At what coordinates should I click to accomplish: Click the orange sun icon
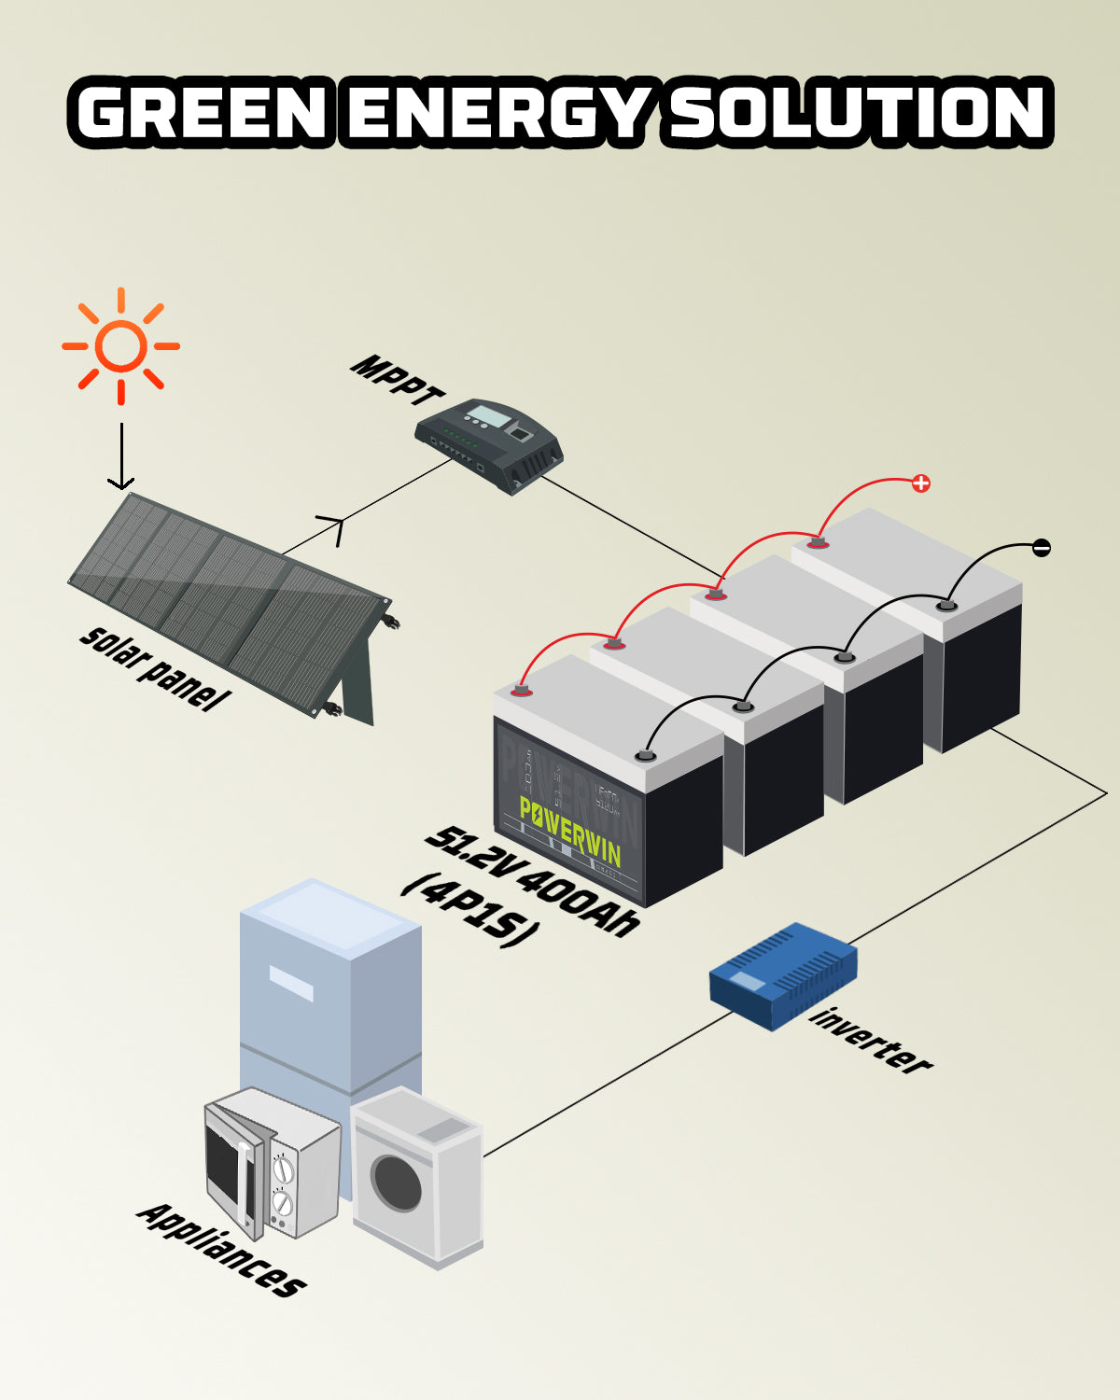[120, 346]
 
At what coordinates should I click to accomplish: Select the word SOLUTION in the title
[858, 114]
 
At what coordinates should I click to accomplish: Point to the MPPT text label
[396, 379]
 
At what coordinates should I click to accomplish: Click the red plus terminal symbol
[921, 483]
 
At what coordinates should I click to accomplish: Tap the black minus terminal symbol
[1042, 548]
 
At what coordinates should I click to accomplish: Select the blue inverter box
[783, 975]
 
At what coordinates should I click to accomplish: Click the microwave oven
[272, 1162]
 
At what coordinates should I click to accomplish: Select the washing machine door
[397, 1183]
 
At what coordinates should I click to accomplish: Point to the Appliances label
[221, 1250]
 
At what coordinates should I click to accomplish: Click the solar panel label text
[154, 666]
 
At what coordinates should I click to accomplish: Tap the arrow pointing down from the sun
[120, 457]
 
